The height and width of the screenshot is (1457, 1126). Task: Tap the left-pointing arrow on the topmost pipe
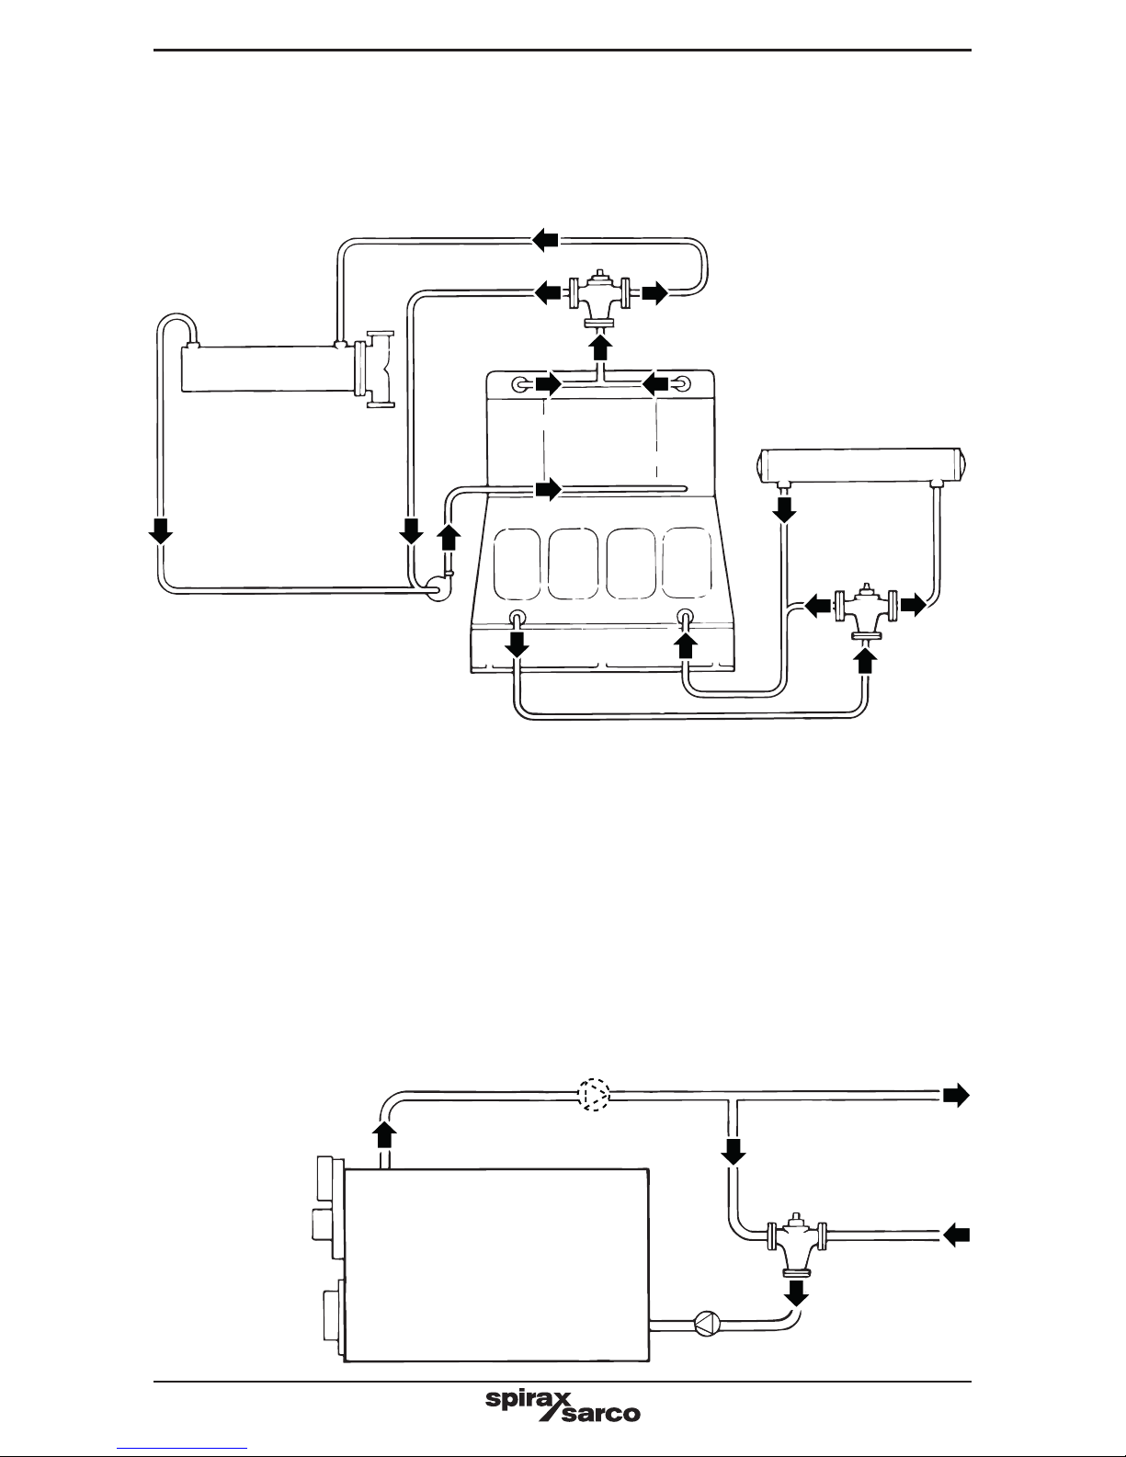[x=546, y=239]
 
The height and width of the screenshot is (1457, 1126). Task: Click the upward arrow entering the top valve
[x=601, y=347]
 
